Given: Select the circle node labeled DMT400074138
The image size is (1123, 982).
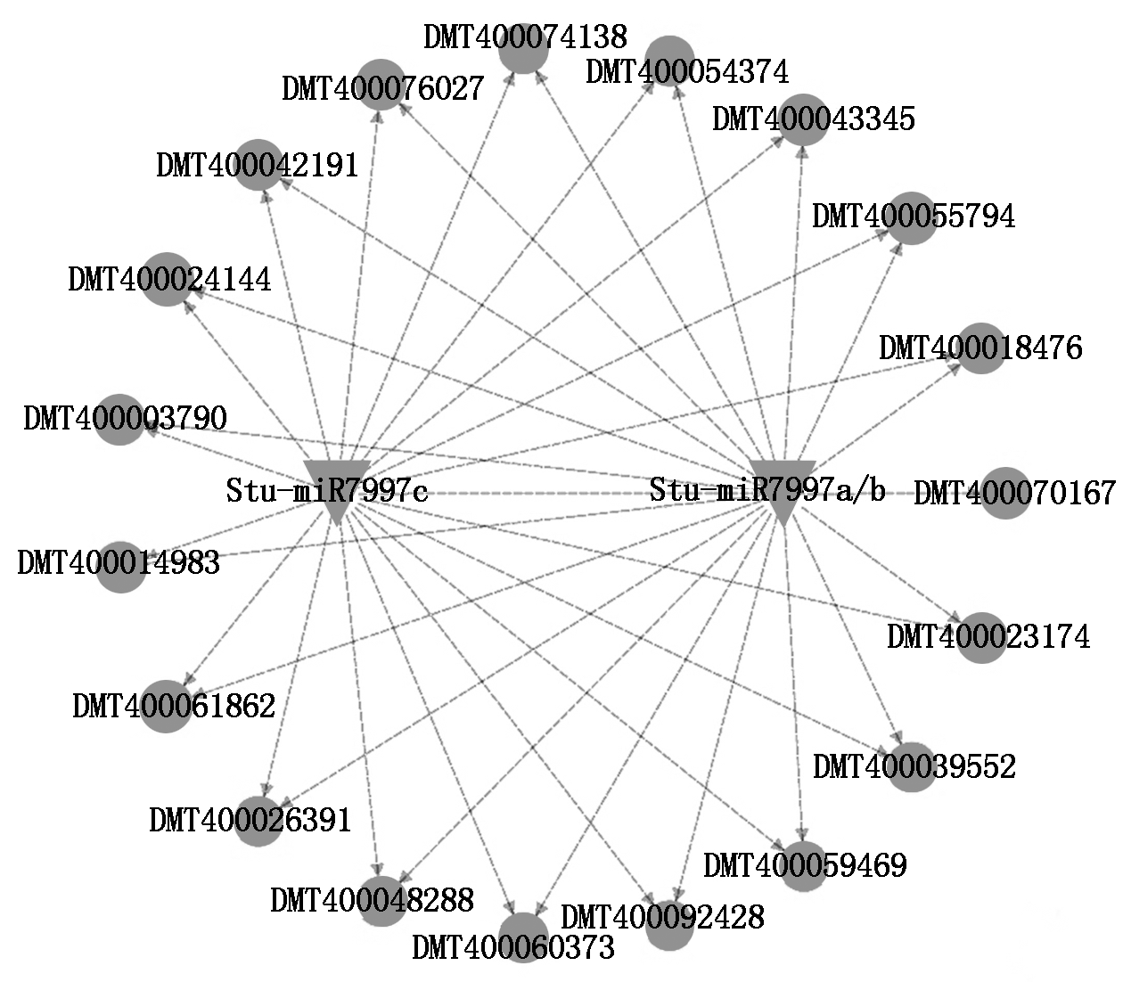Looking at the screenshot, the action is pyautogui.click(x=524, y=48).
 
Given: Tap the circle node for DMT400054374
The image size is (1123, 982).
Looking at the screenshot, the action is pyautogui.click(x=669, y=61).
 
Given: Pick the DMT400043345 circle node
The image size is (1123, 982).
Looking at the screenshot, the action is pyautogui.click(x=803, y=119).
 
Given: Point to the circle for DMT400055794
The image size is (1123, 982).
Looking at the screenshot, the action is pyautogui.click(x=911, y=217).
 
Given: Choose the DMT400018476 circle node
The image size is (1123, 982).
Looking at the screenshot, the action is pyautogui.click(x=980, y=348).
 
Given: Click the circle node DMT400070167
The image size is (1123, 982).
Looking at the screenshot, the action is pyautogui.click(x=1005, y=493).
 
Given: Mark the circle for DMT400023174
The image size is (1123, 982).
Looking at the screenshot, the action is pyautogui.click(x=981, y=637).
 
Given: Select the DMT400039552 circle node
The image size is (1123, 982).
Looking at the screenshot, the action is pyautogui.click(x=911, y=767).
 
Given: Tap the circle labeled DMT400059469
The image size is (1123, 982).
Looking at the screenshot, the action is pyautogui.click(x=804, y=866).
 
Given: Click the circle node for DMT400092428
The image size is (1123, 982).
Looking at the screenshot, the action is pyautogui.click(x=669, y=926).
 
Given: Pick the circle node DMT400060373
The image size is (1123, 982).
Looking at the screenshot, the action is pyautogui.click(x=524, y=938).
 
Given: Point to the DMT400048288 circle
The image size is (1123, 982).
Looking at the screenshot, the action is pyautogui.click(x=382, y=901).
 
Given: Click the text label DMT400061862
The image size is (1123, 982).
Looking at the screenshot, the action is pyautogui.click(x=174, y=706).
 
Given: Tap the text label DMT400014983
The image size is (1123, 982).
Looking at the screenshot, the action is pyautogui.click(x=119, y=563).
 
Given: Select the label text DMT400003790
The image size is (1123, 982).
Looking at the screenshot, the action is pyautogui.click(x=125, y=419).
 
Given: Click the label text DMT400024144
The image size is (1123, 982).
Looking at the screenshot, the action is pyautogui.click(x=169, y=279).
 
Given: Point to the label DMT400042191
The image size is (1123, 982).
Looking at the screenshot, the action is pyautogui.click(x=258, y=165).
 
